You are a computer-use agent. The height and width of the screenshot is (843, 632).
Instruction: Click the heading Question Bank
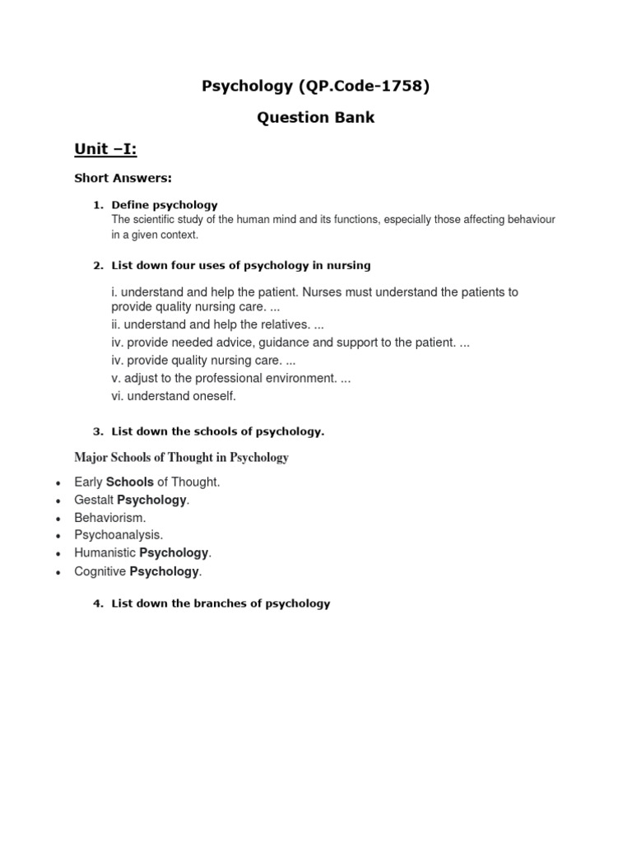(x=316, y=118)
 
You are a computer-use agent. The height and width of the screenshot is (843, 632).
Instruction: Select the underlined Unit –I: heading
(x=105, y=149)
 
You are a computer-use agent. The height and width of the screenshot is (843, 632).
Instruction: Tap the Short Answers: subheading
(x=123, y=178)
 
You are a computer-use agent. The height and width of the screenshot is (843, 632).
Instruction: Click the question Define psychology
(x=165, y=204)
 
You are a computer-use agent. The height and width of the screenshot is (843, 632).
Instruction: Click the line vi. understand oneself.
(x=174, y=396)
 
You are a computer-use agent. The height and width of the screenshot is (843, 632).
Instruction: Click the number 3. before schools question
(x=98, y=431)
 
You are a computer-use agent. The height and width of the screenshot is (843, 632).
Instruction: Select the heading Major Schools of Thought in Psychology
(x=181, y=457)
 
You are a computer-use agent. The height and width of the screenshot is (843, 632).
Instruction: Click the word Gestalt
(x=94, y=500)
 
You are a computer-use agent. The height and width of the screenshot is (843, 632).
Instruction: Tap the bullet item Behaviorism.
(x=109, y=518)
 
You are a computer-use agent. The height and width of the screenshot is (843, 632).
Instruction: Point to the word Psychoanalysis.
(x=118, y=535)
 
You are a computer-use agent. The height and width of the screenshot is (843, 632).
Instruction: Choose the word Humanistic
(x=105, y=553)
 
